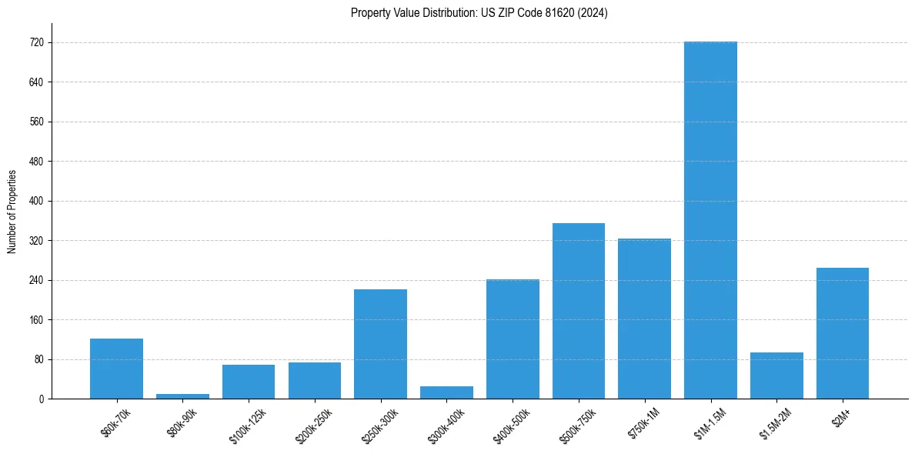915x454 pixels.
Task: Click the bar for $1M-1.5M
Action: [710, 220]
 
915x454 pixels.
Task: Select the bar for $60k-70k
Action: [116, 369]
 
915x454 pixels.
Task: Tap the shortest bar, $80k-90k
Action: [182, 396]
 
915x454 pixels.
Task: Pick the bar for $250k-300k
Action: [380, 344]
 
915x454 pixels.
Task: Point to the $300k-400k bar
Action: [446, 392]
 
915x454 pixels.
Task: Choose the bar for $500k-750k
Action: [579, 311]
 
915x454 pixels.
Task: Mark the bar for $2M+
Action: [843, 333]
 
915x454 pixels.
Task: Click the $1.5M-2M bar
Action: [776, 376]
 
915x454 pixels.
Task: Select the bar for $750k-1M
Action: [644, 319]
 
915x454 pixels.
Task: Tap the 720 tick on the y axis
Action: [35, 42]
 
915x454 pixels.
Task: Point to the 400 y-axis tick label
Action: [35, 201]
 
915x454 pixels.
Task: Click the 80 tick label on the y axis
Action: [38, 359]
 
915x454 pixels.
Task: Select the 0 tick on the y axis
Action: [40, 399]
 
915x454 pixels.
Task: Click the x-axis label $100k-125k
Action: [247, 422]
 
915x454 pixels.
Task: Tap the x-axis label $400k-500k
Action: [511, 422]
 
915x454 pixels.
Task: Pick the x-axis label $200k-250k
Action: [313, 422]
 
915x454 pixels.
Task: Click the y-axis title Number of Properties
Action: [12, 211]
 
